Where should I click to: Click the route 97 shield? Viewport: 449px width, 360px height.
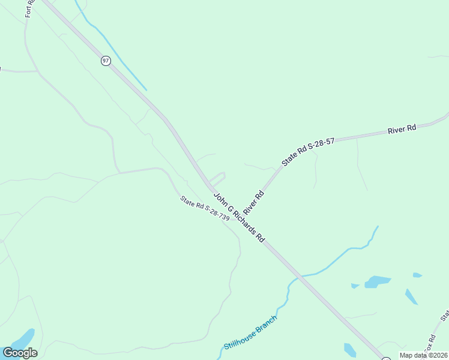pyautogui.click(x=106, y=61)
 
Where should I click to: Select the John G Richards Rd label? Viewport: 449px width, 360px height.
pyautogui.click(x=239, y=217)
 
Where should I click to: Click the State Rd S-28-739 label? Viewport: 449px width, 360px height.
pyautogui.click(x=205, y=209)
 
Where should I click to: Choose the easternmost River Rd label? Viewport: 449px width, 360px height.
pyautogui.click(x=402, y=129)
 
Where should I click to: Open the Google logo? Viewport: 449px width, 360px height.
pyautogui.click(x=20, y=353)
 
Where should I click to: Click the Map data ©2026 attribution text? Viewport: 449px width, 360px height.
pyautogui.click(x=423, y=355)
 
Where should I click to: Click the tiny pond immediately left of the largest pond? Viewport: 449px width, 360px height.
pyautogui.click(x=355, y=286)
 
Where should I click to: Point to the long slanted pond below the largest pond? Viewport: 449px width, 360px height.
pyautogui.click(x=411, y=296)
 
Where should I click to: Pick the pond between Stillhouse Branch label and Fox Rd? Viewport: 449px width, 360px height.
pyautogui.click(x=349, y=349)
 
